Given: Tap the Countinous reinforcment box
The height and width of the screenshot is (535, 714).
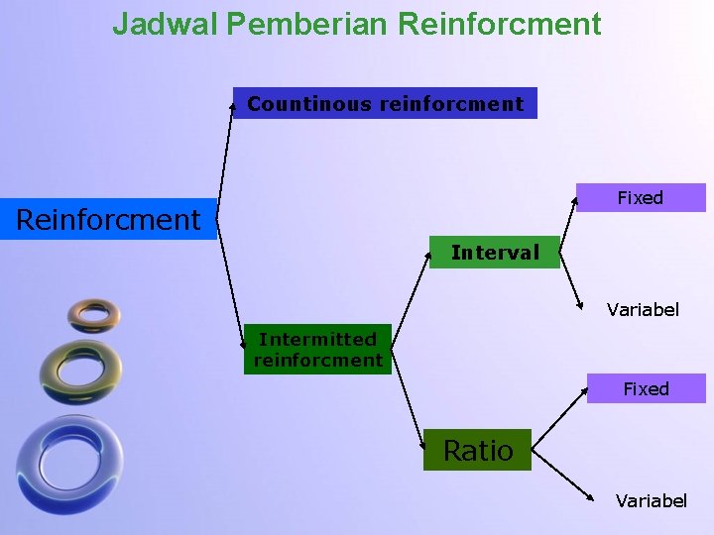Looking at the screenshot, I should pos(385,103).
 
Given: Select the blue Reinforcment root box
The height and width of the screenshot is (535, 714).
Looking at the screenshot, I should pos(108,219).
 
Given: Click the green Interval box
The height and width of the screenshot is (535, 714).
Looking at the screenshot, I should pos(495,253).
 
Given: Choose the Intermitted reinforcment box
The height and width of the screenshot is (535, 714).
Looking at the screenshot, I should pos(317,350).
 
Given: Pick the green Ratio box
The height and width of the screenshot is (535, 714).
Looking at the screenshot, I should pos(477,451).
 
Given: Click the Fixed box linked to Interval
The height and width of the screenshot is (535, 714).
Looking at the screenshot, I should pos(641,198).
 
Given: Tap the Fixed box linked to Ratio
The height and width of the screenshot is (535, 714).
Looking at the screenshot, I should pos(646,388).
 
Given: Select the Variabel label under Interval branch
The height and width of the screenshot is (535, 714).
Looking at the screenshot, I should pos(643,310).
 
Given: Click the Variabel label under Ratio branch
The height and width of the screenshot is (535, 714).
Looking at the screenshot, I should pos(651,500).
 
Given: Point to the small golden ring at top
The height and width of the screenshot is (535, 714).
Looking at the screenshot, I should pos(94,314).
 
